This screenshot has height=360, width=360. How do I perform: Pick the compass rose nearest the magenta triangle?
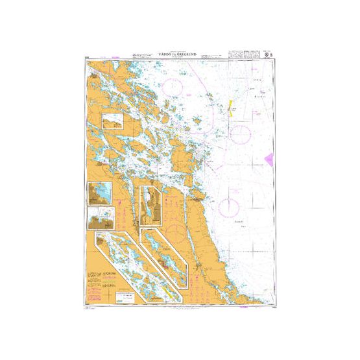(x=241, y=134)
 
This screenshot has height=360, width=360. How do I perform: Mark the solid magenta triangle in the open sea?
(x=269, y=158)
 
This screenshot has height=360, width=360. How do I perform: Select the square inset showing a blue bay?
(x=100, y=193)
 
